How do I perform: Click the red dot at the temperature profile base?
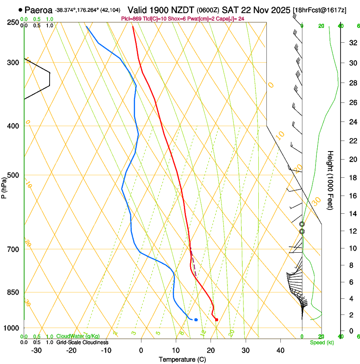point(216,320)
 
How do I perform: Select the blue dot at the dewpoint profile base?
point(196,320)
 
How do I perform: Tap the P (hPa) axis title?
point(4,187)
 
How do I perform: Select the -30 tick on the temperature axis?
point(36,350)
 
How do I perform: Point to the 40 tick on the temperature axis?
point(280,350)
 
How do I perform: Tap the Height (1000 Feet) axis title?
point(331,180)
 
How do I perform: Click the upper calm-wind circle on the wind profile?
point(302,224)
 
